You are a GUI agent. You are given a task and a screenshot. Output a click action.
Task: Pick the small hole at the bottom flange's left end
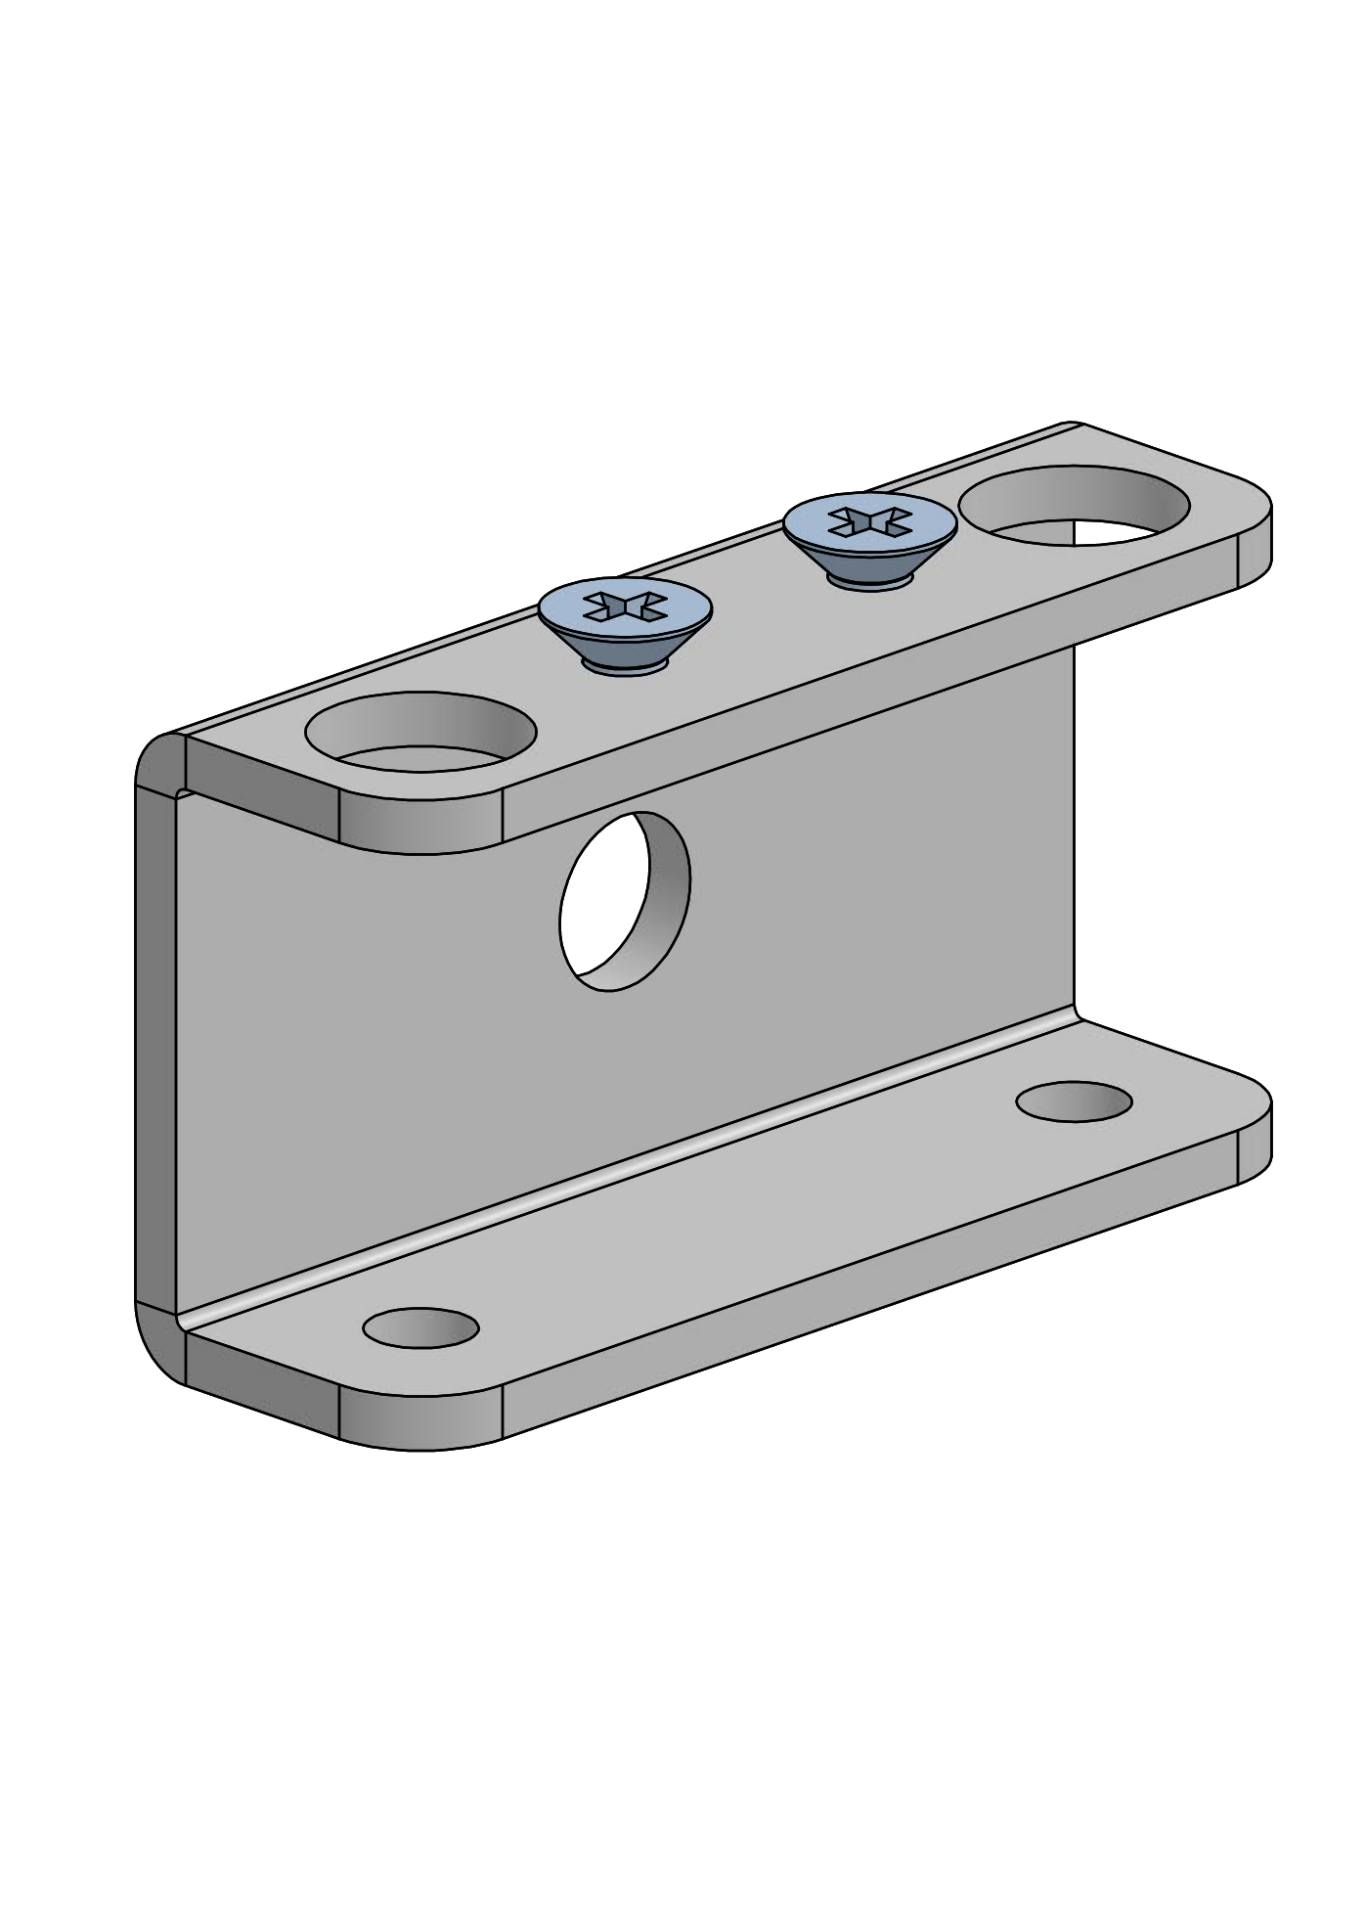(420, 1327)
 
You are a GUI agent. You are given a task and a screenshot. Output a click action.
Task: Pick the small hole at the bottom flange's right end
(1074, 1102)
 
